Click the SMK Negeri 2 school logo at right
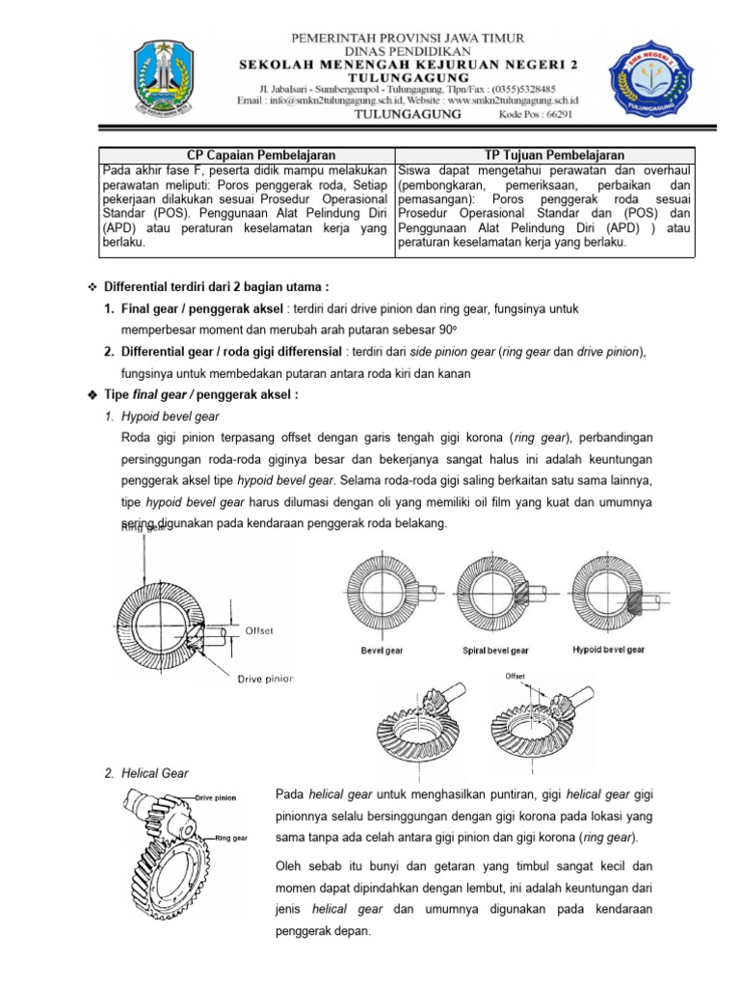648,77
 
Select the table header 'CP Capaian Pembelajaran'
248,155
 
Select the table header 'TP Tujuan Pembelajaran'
545,155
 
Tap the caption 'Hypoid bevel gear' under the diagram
608,650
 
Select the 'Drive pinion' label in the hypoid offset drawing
264,679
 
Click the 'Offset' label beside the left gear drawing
259,630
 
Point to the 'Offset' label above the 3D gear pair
515,676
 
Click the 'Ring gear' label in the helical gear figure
231,838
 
